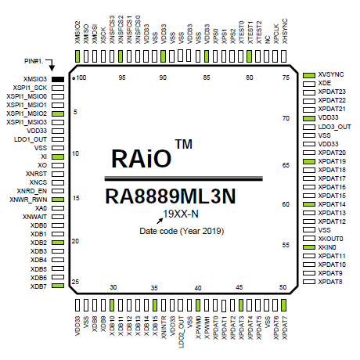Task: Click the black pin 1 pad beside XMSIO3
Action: [x=58, y=79]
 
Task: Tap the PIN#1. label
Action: [x=34, y=61]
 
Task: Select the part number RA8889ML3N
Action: [x=171, y=196]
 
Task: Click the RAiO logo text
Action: [x=142, y=158]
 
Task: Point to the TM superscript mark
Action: [x=184, y=144]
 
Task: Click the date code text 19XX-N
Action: [x=181, y=214]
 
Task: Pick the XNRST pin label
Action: [x=36, y=174]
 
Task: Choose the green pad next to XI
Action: [x=58, y=157]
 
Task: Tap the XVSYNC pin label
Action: [x=331, y=74]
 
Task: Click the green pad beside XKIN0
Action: [x=309, y=247]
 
